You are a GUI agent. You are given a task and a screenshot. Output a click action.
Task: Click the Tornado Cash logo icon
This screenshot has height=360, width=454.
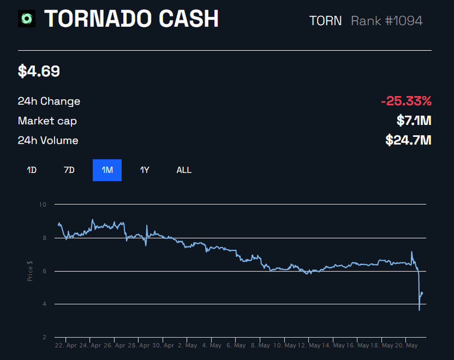point(27,19)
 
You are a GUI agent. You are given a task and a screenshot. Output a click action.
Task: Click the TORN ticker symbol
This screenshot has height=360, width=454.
point(325,21)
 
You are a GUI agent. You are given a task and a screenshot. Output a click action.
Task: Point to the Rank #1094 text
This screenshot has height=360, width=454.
point(387,21)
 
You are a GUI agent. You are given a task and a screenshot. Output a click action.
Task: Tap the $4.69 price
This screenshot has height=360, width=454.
point(39,72)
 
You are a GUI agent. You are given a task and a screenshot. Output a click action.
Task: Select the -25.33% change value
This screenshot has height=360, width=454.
point(406,101)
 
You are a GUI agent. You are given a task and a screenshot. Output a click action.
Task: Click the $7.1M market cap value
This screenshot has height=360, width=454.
point(413,121)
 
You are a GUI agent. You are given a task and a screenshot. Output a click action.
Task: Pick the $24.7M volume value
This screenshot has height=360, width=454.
point(408,140)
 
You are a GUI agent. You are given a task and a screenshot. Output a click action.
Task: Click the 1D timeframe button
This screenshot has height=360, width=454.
point(32,170)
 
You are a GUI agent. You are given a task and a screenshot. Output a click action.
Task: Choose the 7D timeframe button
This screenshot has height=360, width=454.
point(69,170)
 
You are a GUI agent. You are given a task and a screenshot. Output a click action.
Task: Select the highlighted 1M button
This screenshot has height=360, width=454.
point(107,170)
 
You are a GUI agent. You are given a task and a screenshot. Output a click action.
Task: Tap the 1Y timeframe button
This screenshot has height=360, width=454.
point(145,170)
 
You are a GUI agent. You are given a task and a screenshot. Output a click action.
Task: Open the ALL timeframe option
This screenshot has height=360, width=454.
point(184,170)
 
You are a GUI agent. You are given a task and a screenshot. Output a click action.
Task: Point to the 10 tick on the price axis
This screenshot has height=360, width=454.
point(43,205)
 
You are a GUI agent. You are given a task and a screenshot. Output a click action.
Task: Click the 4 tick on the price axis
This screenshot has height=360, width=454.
point(44,304)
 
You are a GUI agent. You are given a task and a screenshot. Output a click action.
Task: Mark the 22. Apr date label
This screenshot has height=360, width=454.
point(66,346)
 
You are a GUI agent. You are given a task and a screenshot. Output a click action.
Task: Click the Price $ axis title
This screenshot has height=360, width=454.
point(30,271)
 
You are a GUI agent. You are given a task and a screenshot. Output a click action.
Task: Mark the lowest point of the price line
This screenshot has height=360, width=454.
point(419,310)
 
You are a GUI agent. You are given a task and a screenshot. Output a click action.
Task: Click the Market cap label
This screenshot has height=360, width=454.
point(47,121)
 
